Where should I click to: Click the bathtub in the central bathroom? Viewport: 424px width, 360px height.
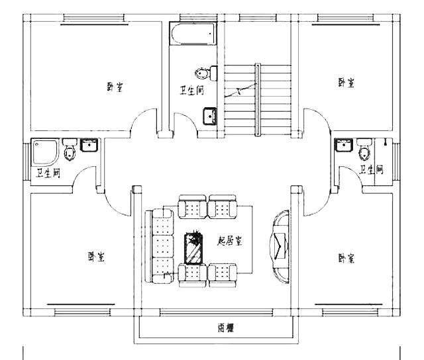193,34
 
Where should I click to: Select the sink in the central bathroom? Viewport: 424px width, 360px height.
210,115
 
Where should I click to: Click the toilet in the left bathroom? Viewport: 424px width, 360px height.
70,152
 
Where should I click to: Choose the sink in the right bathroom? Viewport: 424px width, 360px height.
343,145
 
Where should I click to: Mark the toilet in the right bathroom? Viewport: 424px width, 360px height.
363,152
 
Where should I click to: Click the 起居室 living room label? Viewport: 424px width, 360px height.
230,241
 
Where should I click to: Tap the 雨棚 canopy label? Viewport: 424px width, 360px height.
226,327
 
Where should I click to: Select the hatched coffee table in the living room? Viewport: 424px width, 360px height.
193,247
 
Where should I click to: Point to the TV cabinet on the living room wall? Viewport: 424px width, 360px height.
279,246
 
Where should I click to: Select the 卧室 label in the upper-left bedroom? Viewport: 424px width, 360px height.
115,87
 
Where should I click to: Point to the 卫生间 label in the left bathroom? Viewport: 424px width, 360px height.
48,173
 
